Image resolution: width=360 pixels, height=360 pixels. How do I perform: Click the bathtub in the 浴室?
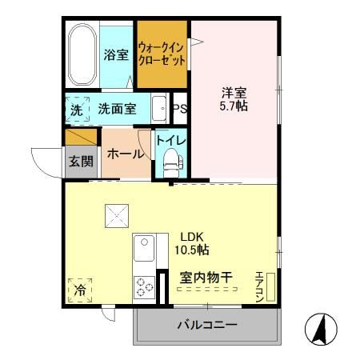pyautogui.click(x=81, y=56)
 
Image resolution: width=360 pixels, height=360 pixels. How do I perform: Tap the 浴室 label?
pyautogui.click(x=115, y=56)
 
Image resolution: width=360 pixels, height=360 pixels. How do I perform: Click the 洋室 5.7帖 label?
pyautogui.click(x=234, y=100)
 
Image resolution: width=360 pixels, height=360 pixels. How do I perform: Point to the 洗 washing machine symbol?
pyautogui.click(x=77, y=110)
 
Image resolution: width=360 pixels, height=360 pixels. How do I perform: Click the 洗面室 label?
pyautogui.click(x=117, y=110)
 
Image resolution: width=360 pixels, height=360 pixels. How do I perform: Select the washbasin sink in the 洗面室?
pyautogui.click(x=158, y=110)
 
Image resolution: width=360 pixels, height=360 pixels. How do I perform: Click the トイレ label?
pyautogui.click(x=170, y=141)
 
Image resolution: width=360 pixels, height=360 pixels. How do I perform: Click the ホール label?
pyautogui.click(x=125, y=154)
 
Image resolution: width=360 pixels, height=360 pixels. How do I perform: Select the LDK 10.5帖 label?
pyautogui.click(x=193, y=243)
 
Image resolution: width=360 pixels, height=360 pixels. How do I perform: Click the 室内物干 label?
pyautogui.click(x=206, y=278)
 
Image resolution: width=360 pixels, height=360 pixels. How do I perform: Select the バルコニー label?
pyautogui.click(x=206, y=325)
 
